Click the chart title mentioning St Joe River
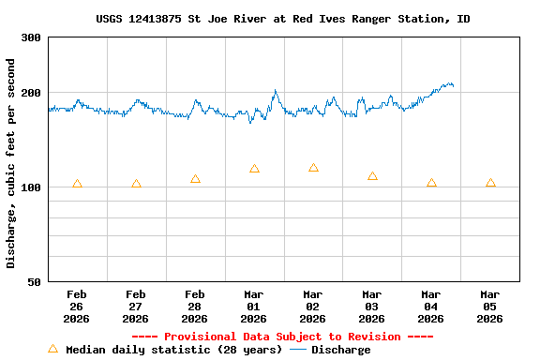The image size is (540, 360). (283, 19)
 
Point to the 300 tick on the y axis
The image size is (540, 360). (31, 37)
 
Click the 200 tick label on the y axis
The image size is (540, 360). (31, 93)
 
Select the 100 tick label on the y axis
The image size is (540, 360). (31, 187)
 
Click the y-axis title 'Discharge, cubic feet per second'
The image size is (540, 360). (11, 163)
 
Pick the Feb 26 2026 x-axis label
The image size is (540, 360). (77, 306)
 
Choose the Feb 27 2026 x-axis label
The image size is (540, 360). (136, 306)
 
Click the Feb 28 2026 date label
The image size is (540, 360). (195, 306)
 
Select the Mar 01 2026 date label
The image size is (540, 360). (254, 306)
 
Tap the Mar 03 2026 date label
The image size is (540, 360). (372, 306)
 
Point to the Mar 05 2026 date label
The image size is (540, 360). (490, 306)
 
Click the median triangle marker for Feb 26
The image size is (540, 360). (77, 184)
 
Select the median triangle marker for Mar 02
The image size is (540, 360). (313, 168)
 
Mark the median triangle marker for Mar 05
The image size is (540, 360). (490, 183)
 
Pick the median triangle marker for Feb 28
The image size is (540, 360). (195, 179)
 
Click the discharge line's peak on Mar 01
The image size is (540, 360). (276, 91)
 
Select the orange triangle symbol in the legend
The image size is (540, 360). (52, 349)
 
